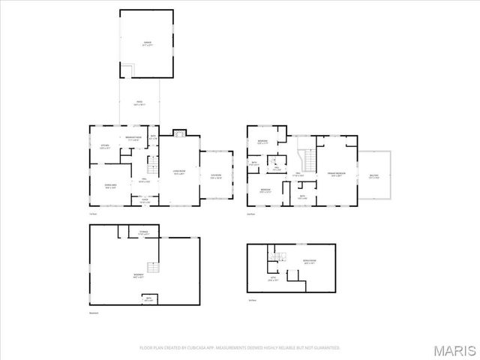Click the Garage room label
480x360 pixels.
(148, 43)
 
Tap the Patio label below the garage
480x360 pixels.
(139, 103)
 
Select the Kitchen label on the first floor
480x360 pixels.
(105, 146)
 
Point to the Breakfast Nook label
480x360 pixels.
(134, 139)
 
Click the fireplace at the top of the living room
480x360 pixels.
(178, 134)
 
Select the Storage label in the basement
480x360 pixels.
(143, 233)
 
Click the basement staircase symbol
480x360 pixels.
(152, 268)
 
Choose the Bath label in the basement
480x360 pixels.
(148, 300)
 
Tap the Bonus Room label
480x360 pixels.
(308, 262)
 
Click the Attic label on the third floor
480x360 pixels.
(273, 279)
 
